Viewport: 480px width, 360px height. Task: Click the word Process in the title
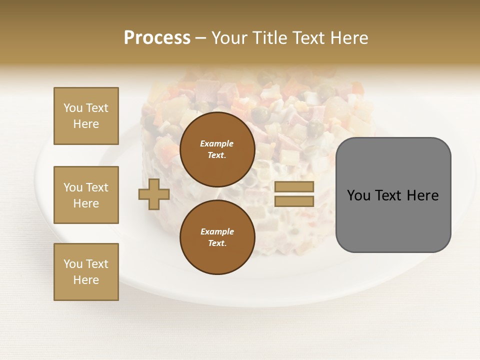[x=157, y=38]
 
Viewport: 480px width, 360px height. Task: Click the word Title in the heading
[x=269, y=38]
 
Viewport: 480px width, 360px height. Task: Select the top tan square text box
[x=86, y=116]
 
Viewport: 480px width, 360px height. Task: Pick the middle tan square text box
[x=86, y=195]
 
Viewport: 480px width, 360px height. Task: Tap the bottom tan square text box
[x=86, y=272]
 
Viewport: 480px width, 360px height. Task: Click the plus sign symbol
[x=154, y=194]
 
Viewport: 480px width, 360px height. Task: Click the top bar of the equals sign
[x=294, y=186]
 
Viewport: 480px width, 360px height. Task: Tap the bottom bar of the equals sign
[x=294, y=201]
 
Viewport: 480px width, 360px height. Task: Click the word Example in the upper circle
[x=216, y=143]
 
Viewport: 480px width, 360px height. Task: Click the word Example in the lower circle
[x=217, y=231]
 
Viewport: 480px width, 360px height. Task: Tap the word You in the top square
[x=72, y=108]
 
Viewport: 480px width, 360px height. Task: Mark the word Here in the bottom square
[x=86, y=280]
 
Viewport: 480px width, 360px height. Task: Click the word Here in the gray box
[x=423, y=195]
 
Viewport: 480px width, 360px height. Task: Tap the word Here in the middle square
[x=86, y=203]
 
